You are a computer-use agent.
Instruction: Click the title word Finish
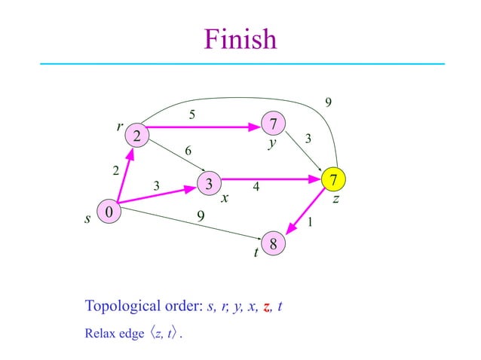[x=240, y=39]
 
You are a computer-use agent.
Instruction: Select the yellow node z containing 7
[x=333, y=179]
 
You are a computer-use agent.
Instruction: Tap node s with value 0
[x=109, y=213]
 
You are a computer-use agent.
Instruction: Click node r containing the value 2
[x=137, y=136]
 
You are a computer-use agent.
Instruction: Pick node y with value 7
[x=274, y=123]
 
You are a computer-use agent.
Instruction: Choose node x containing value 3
[x=209, y=182]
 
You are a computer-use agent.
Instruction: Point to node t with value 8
[x=274, y=245]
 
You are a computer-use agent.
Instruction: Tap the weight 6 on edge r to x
[x=189, y=151]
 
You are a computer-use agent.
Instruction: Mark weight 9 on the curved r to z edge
[x=327, y=102]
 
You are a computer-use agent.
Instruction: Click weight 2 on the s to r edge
[x=115, y=171]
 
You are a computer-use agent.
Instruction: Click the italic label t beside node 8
[x=256, y=254]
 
